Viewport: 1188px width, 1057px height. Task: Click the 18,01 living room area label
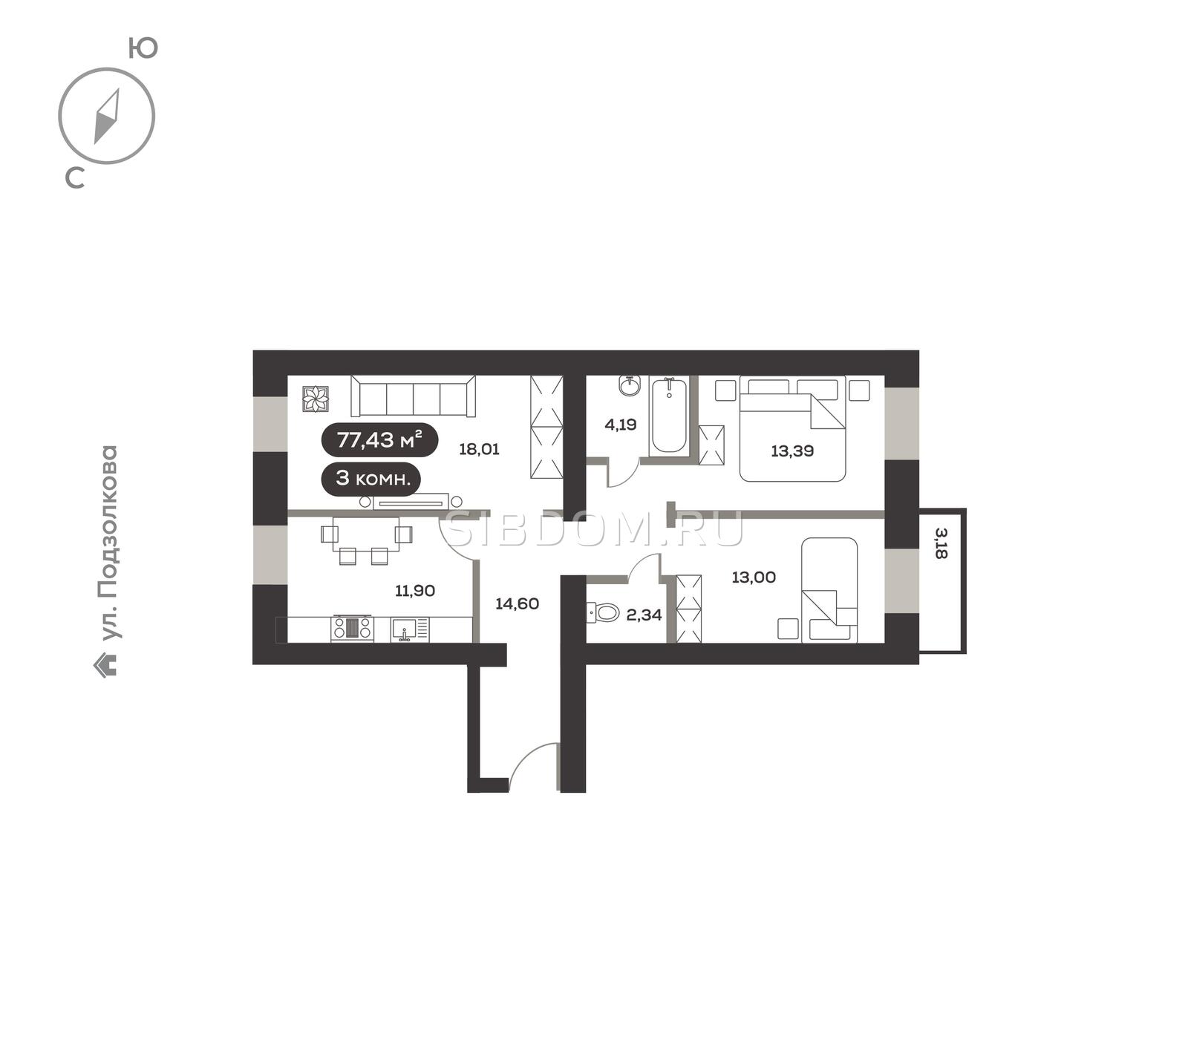click(479, 449)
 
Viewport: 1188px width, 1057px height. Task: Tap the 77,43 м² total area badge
click(379, 440)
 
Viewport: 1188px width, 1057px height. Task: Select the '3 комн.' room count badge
click(371, 478)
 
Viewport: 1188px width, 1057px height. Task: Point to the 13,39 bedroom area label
click(792, 451)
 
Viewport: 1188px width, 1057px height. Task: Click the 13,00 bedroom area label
click(754, 577)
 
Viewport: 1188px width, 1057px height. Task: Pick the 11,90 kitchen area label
click(415, 591)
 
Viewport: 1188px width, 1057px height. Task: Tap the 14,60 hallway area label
click(517, 604)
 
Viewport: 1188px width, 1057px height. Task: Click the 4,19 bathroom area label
click(621, 425)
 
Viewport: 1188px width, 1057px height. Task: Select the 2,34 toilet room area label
click(644, 615)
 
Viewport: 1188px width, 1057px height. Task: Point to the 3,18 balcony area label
click(941, 543)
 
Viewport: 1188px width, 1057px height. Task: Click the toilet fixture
click(603, 613)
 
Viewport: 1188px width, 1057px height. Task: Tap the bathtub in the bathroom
click(668, 415)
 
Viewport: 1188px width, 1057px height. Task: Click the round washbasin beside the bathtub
click(630, 386)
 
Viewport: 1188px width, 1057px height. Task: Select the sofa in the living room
click(413, 396)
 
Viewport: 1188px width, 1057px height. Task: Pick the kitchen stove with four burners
click(353, 629)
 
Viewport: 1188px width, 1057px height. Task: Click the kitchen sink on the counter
click(404, 629)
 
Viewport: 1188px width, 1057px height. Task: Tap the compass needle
click(107, 117)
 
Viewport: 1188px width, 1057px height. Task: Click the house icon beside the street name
click(105, 665)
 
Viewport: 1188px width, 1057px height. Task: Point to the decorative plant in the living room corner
click(316, 399)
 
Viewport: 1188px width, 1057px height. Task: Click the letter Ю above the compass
click(143, 48)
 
